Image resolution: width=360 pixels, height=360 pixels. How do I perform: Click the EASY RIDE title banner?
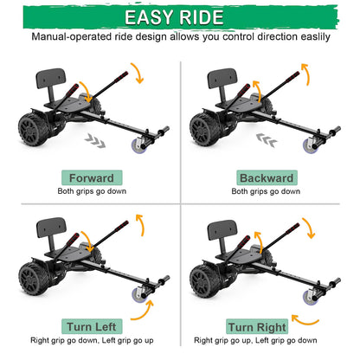point(179,16)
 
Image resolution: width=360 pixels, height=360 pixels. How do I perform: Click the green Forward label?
point(90,177)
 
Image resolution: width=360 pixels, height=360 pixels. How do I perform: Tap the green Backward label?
point(267,177)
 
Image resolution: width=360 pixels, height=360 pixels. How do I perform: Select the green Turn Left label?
point(90,326)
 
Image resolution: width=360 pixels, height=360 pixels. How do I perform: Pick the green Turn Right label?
point(258,327)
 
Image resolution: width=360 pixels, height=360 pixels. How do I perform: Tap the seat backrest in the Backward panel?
point(221,83)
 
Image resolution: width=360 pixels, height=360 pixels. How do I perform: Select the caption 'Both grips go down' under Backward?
point(267,191)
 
